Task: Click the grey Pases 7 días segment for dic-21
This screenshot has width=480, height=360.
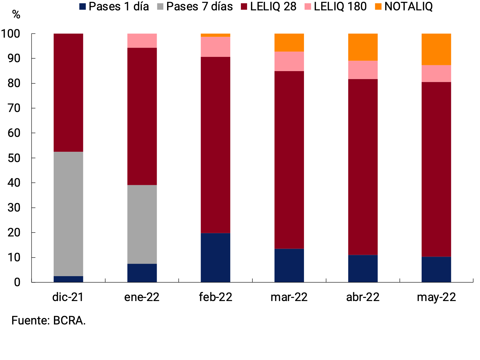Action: click(x=68, y=214)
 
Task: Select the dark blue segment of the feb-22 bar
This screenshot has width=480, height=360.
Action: click(x=215, y=257)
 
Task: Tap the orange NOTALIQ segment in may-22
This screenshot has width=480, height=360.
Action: click(x=436, y=49)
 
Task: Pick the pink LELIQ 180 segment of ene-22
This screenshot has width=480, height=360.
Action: click(x=142, y=41)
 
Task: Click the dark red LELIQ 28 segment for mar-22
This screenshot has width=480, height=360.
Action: click(x=289, y=160)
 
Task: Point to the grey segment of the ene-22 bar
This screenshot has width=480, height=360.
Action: click(x=142, y=224)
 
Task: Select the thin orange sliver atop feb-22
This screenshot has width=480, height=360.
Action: click(x=215, y=35)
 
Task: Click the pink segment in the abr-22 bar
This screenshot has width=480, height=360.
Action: click(x=363, y=70)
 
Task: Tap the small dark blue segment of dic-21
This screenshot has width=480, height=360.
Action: click(x=68, y=279)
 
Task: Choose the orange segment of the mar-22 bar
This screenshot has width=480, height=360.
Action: click(x=289, y=43)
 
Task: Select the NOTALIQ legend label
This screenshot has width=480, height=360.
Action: click(x=408, y=7)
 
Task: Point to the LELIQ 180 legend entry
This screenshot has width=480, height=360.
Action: click(x=340, y=7)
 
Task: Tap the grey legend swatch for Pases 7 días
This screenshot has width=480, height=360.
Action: click(x=160, y=7)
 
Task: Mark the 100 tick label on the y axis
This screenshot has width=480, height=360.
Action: click(x=11, y=34)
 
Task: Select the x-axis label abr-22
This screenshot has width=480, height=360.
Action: click(x=363, y=297)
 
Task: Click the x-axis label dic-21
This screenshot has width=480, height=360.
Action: click(x=68, y=297)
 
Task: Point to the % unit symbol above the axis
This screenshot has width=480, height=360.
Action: click(x=16, y=15)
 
